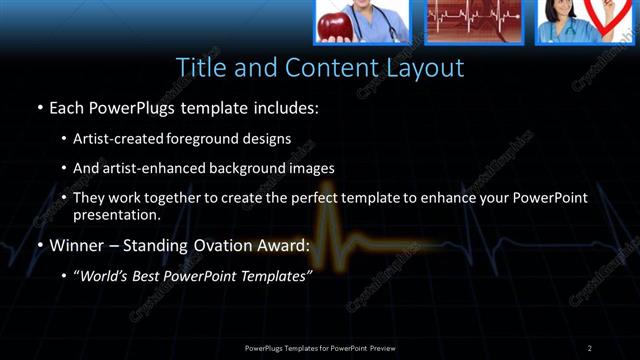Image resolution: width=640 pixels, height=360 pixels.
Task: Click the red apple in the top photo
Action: (332, 27)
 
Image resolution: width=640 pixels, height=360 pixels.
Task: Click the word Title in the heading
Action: (200, 67)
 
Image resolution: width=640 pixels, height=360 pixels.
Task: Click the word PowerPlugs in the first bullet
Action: (136, 105)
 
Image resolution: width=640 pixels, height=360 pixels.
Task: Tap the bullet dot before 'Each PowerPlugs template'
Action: (39, 105)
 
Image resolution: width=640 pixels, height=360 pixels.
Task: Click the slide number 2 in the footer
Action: (589, 347)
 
